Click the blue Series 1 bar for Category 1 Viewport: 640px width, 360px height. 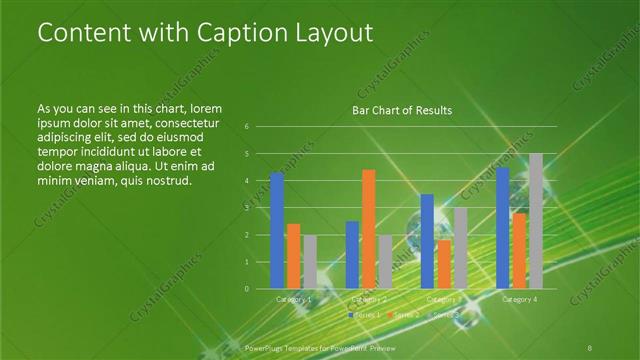click(277, 230)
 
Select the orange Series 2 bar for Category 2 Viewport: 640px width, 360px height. click(368, 229)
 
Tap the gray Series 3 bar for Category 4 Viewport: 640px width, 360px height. click(535, 221)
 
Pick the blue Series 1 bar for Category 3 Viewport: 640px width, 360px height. click(427, 241)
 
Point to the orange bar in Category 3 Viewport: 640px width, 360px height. click(443, 264)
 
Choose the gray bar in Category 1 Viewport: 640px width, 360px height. click(309, 262)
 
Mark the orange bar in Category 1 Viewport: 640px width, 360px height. click(293, 256)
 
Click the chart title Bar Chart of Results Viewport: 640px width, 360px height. click(402, 110)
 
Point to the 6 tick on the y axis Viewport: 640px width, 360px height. click(247, 127)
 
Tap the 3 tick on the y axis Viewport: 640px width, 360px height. click(247, 208)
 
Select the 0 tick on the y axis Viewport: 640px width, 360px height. click(247, 289)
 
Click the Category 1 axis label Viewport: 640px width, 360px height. click(293, 299)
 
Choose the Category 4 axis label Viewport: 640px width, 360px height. click(519, 299)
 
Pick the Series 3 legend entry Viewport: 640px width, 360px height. click(443, 315)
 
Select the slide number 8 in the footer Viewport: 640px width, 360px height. click(591, 346)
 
